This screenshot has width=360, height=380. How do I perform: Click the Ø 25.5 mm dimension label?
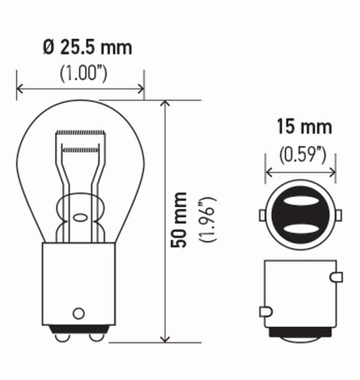point(87,48)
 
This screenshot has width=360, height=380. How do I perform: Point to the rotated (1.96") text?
point(206,220)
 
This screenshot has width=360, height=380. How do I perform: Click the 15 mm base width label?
point(304,127)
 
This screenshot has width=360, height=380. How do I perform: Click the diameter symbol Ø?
point(48,48)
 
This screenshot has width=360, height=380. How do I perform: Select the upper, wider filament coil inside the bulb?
point(80,133)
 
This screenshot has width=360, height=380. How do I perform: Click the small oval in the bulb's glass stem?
point(79,218)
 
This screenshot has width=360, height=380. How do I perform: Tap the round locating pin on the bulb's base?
point(78,313)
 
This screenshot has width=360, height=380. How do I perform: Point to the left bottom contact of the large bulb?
point(62,337)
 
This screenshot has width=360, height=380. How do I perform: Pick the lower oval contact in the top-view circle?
point(300,229)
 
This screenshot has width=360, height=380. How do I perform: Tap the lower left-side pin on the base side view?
point(265,312)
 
